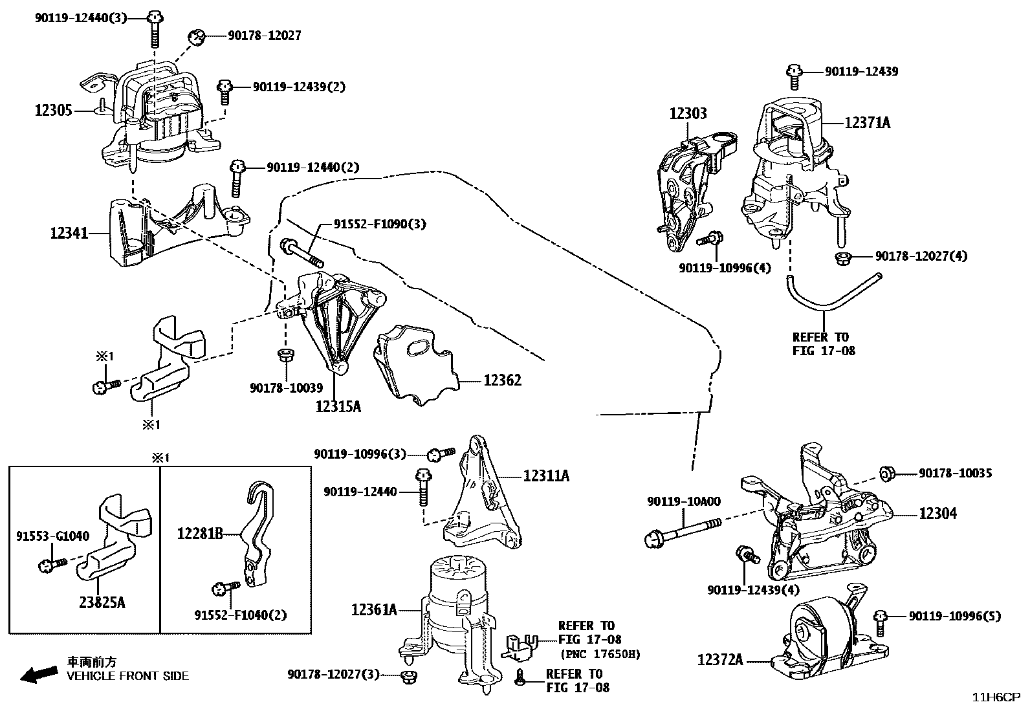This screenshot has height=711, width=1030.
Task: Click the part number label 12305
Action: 53,111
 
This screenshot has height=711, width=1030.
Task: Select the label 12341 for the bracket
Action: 69,232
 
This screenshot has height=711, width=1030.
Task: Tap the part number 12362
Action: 502,380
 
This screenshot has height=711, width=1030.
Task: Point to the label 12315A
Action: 338,406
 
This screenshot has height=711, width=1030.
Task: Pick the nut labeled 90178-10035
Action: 888,474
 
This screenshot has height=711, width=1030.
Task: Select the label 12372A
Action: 720,660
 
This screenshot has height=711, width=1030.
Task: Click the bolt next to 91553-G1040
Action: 53,565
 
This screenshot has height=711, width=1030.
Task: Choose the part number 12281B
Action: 200,534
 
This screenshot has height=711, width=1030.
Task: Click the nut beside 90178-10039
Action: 284,355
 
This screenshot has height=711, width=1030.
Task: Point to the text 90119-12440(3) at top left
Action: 81,17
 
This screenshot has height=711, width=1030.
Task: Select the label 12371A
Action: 867,122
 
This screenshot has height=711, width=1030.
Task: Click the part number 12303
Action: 688,113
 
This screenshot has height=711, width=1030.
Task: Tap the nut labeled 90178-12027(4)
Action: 843,258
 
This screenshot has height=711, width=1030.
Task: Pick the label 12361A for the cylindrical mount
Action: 374,609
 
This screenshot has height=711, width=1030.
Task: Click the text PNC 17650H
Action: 600,654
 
